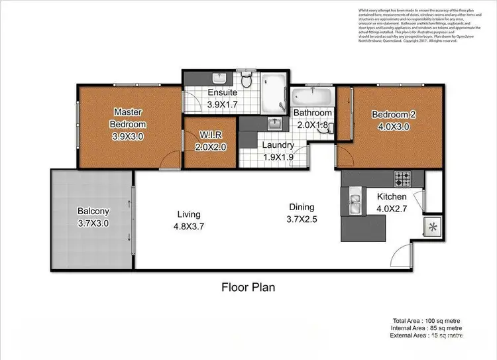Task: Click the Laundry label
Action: point(278,145)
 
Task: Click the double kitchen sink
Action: point(355,202)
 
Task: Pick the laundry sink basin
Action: point(274,124)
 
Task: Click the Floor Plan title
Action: point(248,287)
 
